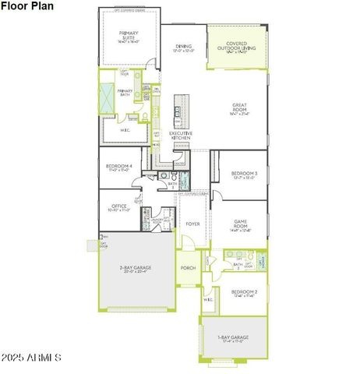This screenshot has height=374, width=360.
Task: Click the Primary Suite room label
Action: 129,36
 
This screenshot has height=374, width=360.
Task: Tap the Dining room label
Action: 183,48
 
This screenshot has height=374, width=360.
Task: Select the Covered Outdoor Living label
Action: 237,47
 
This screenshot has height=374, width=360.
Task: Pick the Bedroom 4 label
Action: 119,167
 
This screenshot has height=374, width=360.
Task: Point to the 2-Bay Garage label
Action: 136,269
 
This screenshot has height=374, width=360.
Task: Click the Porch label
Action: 188,269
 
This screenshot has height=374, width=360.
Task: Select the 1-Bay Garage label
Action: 233,338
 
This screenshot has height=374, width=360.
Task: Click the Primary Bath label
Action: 125,93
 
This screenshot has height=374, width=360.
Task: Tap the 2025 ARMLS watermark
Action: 31,357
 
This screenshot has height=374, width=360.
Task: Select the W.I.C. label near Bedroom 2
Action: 209,299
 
